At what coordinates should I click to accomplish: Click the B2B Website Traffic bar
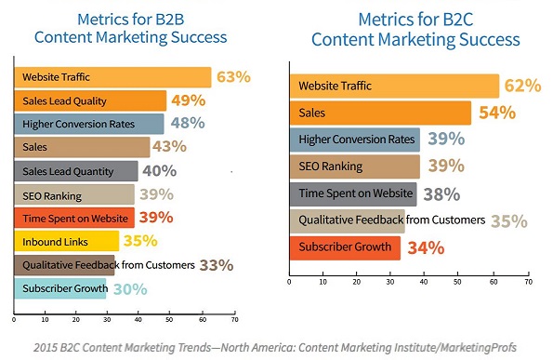coord(112,77)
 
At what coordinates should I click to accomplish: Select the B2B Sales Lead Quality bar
coord(89,101)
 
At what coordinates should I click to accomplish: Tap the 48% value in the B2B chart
coord(187,124)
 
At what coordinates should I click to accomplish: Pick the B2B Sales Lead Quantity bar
coord(75,171)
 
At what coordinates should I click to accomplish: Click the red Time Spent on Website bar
coord(73,219)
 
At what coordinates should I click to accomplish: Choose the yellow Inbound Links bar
coord(65,242)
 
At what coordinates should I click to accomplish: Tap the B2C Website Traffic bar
coord(394,87)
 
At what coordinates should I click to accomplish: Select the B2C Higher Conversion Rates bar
coord(354,140)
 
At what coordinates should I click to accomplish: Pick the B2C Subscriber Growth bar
coord(345,248)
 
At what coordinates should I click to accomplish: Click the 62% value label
coord(521,86)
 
